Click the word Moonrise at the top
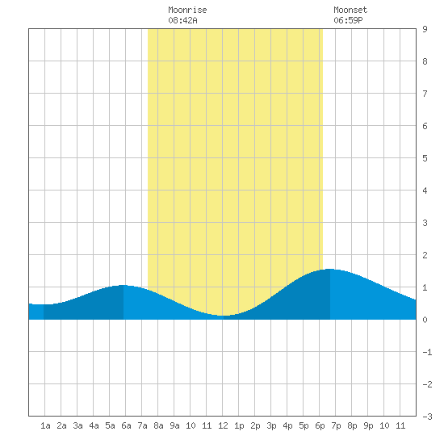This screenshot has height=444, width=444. coord(187,10)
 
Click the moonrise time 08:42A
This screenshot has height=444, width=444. coord(182,20)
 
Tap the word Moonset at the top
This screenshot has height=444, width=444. coord(350,10)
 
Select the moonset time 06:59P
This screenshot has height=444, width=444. coord(348,20)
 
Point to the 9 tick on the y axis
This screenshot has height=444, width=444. coord(425,29)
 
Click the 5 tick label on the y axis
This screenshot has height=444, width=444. coord(425,158)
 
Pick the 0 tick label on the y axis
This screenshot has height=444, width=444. coord(425,320)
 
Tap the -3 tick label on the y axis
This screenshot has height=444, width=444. coord(427,417)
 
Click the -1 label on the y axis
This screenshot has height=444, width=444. coord(427,352)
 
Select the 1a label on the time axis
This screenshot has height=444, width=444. coord(45,425)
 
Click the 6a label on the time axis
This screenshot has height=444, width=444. coord(126,425)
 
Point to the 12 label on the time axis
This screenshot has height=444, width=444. coord(223,425)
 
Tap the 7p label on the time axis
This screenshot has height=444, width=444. coord(336,425)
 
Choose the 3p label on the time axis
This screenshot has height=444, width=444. coord(271,425)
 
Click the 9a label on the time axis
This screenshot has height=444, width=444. coord(174,425)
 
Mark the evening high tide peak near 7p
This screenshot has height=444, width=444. coord(330,270)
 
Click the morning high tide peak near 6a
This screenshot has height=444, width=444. coord(124,286)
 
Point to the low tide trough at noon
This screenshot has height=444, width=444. coord(223,315)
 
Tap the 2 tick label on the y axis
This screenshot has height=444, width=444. coord(425,255)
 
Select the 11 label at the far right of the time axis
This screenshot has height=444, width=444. coord(400,425)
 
